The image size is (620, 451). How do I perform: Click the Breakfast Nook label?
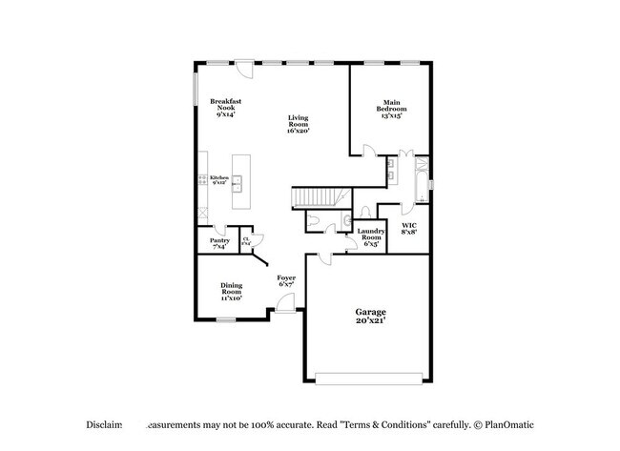tap(225, 107)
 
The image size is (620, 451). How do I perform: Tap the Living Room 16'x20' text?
tap(299, 124)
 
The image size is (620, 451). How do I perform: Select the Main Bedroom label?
tap(391, 108)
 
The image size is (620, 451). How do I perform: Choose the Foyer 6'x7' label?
tap(286, 280)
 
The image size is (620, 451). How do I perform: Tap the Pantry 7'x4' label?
tap(219, 244)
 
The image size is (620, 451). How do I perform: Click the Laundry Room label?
tap(371, 236)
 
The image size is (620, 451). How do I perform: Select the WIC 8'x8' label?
tap(408, 228)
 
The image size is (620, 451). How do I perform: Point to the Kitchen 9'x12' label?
tap(219, 179)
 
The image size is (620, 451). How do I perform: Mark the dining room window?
tap(226, 319)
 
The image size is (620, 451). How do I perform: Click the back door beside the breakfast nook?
tap(245, 69)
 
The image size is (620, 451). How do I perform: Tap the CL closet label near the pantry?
tap(246, 241)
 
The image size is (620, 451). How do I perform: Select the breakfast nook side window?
tap(197, 91)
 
